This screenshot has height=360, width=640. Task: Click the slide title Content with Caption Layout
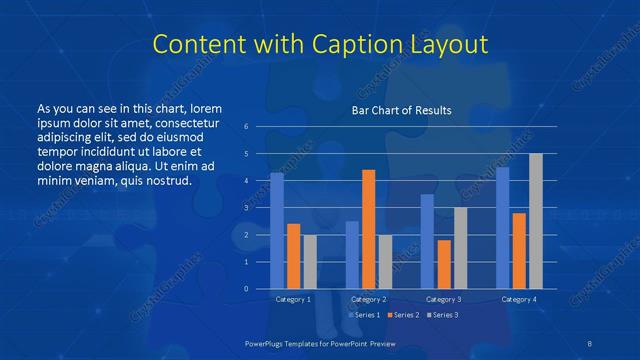[319, 45]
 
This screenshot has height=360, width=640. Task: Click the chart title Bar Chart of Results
[401, 110]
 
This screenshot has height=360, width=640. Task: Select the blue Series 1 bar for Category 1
[277, 231]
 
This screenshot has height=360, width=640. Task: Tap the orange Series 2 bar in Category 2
[368, 229]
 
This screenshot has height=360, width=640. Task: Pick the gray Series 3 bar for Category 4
[536, 221]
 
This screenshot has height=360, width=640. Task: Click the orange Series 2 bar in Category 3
[444, 264]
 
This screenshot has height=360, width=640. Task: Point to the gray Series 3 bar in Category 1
[309, 262]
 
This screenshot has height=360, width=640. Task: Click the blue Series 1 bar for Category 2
[352, 255]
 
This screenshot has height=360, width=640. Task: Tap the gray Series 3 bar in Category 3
[460, 248]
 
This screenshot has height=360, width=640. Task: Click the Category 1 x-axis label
[293, 300]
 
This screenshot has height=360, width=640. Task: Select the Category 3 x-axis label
[444, 300]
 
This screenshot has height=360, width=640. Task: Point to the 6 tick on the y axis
[246, 127]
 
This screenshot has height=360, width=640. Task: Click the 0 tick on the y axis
[246, 289]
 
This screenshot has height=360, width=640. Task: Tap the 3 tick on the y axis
[246, 208]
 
